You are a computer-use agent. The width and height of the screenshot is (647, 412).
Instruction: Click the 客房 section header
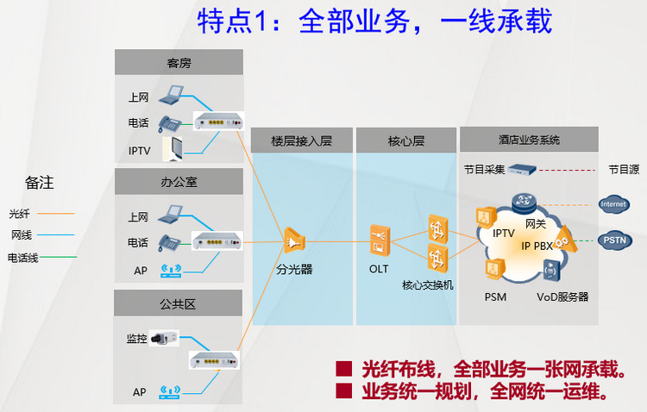179,62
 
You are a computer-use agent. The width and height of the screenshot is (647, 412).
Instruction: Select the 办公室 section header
179,182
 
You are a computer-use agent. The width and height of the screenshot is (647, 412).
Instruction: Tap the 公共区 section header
179,303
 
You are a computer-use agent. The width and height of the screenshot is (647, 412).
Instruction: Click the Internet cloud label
613,204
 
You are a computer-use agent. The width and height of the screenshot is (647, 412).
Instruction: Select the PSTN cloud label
613,240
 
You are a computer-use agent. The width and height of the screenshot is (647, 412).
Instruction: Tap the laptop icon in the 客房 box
170,93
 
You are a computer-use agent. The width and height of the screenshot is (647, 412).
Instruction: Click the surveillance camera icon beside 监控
163,338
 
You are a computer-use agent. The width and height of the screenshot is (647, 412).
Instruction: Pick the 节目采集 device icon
523,171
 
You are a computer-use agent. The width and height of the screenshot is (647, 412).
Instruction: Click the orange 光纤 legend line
54,213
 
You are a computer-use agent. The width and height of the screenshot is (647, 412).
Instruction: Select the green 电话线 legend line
54,257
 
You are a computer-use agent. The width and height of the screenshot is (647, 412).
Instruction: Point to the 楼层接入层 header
301,140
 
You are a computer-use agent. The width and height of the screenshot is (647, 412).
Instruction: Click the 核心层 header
405,140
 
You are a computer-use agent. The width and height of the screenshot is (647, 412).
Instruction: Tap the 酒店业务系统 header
529,139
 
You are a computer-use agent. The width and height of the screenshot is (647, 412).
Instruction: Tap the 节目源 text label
624,170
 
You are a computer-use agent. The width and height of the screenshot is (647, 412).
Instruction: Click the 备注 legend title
39,183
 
